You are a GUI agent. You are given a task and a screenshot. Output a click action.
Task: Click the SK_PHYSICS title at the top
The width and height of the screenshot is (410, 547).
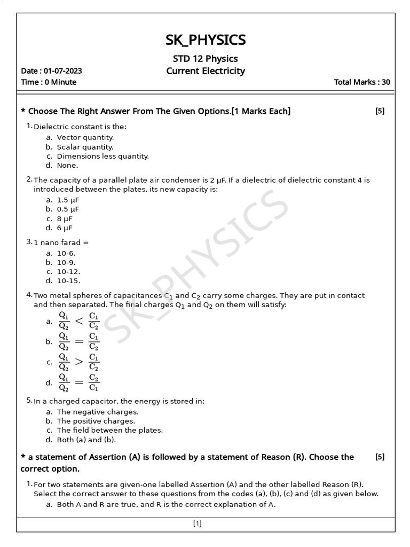pyautogui.click(x=206, y=40)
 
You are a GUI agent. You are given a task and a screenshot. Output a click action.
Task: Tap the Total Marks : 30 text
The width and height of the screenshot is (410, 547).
pyautogui.click(x=361, y=82)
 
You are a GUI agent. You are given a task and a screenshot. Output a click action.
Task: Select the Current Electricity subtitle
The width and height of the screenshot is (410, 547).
pyautogui.click(x=206, y=71)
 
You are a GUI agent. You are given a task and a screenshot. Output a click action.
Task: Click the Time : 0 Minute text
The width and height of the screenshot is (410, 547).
pyautogui.click(x=49, y=82)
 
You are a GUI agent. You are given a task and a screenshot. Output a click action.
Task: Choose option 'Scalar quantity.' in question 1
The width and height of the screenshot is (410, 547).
pyautogui.click(x=85, y=147)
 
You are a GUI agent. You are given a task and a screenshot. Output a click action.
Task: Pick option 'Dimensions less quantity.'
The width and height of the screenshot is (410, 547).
pyautogui.click(x=102, y=157)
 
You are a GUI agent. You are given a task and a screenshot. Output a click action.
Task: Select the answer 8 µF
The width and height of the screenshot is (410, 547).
pyautogui.click(x=65, y=218)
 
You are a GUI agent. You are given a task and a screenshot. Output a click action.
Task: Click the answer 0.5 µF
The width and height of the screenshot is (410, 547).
pyautogui.click(x=68, y=209)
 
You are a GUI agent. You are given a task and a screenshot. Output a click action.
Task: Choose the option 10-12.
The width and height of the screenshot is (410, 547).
pyautogui.click(x=68, y=271)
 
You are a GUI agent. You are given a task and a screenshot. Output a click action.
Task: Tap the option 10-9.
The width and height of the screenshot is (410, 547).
pyautogui.click(x=67, y=262)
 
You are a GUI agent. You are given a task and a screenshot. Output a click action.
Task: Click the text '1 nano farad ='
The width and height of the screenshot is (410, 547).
pyautogui.click(x=61, y=243)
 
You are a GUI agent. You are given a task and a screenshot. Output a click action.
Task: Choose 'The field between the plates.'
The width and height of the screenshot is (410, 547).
pyautogui.click(x=109, y=430)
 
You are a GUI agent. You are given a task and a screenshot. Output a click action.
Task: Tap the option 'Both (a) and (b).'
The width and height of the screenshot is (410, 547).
pyautogui.click(x=86, y=440)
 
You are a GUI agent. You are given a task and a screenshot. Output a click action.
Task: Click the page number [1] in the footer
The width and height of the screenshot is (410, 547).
pyautogui.click(x=197, y=524)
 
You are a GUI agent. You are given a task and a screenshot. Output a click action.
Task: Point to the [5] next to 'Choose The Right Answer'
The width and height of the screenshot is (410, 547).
pyautogui.click(x=380, y=111)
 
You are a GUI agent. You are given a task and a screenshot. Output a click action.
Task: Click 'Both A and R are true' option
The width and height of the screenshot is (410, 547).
pyautogui.click(x=165, y=504)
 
